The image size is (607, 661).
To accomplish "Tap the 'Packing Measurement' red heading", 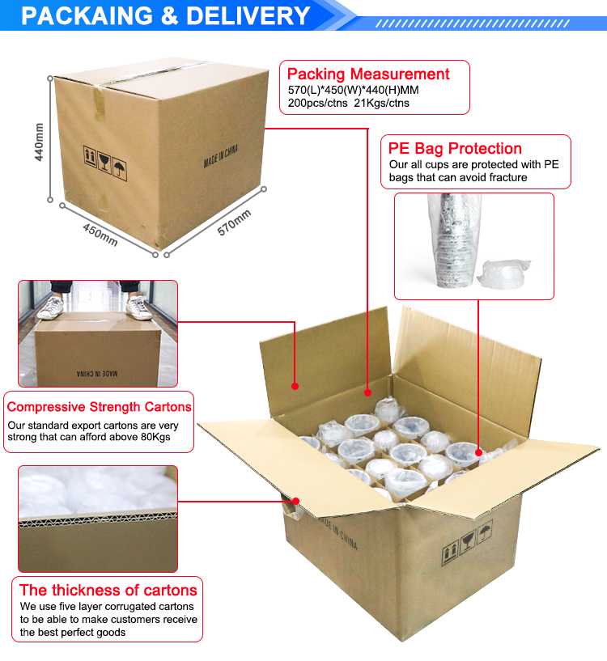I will [x=368, y=74].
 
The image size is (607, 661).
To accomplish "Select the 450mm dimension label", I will [x=100, y=235].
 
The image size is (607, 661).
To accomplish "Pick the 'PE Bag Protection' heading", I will [x=455, y=148].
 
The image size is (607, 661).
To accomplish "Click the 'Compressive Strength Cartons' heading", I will [x=99, y=407].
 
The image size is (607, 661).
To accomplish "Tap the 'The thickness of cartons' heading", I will [x=108, y=590].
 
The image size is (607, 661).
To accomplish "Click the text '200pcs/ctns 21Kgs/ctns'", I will [x=349, y=103].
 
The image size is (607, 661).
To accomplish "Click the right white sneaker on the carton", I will [x=140, y=307].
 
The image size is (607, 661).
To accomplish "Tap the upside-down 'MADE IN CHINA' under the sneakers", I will [x=96, y=374].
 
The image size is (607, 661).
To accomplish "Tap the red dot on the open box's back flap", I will [x=295, y=386].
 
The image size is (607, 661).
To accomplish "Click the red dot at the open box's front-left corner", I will [x=298, y=501].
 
